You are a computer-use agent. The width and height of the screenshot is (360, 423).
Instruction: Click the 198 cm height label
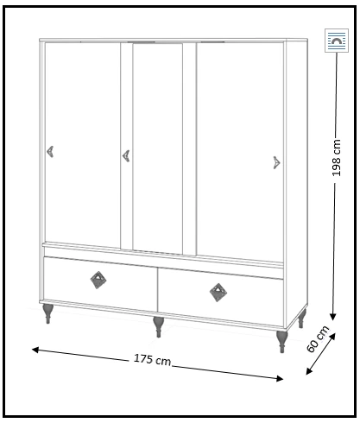(x=336, y=158)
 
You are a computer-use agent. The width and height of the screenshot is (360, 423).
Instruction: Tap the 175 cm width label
(x=152, y=359)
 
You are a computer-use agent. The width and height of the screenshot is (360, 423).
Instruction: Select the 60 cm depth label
(x=318, y=339)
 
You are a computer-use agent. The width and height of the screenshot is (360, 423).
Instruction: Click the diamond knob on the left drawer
(x=98, y=280)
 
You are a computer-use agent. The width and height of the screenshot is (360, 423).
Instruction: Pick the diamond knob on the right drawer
(x=218, y=293)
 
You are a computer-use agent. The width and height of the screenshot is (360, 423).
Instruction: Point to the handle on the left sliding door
(x=50, y=152)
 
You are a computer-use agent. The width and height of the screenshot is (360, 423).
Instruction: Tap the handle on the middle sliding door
(x=126, y=156)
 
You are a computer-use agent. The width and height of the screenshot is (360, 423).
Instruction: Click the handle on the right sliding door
(x=276, y=163)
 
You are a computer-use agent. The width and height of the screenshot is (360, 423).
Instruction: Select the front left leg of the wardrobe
(x=47, y=313)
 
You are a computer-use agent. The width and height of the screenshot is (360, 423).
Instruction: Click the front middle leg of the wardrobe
(x=158, y=327)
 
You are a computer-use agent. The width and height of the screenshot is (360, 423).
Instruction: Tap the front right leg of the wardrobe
(x=281, y=342)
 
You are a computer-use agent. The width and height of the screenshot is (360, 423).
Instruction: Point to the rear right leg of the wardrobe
(x=301, y=319)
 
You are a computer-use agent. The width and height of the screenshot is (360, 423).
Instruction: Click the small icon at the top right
(x=337, y=41)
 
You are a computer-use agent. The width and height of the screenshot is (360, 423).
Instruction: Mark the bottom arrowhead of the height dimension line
(x=333, y=317)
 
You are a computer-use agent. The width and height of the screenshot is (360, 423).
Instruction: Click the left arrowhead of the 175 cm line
(x=35, y=350)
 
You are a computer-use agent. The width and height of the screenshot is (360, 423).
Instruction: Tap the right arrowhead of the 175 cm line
(x=280, y=379)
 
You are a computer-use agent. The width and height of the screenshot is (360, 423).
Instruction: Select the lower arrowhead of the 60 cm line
(x=309, y=371)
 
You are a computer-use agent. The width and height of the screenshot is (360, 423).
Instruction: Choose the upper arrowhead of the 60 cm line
(x=332, y=337)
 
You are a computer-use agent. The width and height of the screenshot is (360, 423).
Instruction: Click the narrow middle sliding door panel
(x=158, y=148)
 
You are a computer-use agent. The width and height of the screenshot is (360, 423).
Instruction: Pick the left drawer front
(x=100, y=284)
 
